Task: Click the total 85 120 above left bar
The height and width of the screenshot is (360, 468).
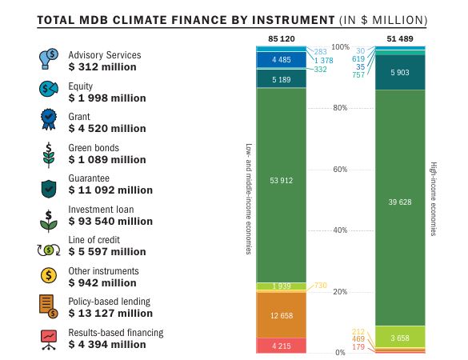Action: point(279,38)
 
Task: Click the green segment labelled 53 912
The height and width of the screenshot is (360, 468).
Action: point(279,181)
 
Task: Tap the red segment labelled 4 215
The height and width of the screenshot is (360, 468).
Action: point(279,345)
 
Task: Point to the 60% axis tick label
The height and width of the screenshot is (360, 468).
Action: point(339,169)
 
